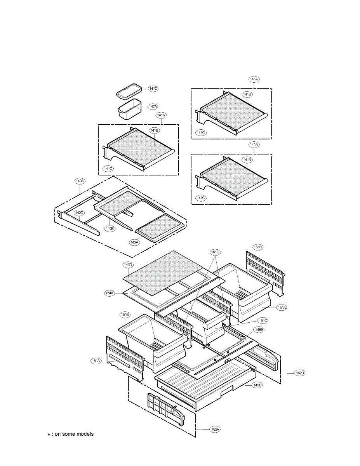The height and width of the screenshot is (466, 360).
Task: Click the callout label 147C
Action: pos(153,89)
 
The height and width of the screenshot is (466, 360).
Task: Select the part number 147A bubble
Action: pos(153,106)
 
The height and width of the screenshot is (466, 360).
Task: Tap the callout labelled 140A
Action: pos(80,181)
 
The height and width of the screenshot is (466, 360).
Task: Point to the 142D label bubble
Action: pos(79,213)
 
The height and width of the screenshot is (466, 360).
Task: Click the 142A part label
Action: pos(134,242)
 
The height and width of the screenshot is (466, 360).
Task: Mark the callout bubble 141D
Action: pos(128,265)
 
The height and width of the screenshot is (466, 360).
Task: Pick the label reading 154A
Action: pos(110,293)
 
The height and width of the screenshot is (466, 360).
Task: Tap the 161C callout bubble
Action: pos(215,252)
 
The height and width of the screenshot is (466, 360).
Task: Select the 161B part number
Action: pos(258,247)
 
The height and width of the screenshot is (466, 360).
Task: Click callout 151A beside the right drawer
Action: pos(281,307)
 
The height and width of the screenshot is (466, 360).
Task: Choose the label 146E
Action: pos(259,329)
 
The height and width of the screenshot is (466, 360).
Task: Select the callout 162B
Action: pos(300,373)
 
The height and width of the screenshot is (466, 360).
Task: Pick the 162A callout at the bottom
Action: pos(215,429)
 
